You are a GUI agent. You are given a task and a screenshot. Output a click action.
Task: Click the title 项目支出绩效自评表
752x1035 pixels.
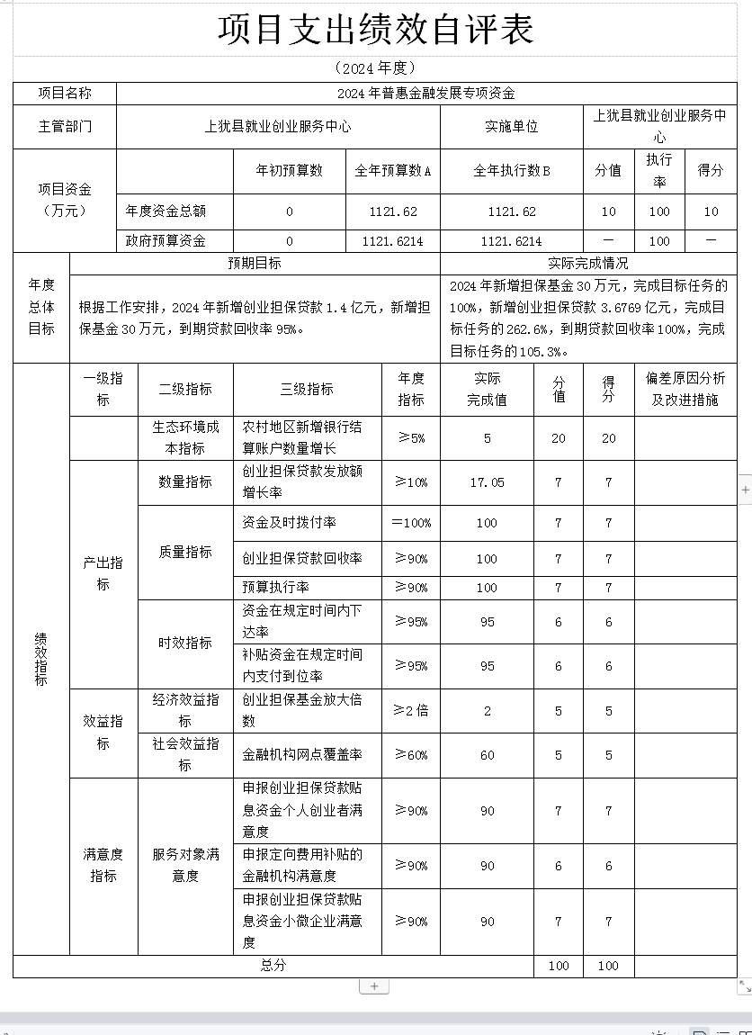pos(375,30)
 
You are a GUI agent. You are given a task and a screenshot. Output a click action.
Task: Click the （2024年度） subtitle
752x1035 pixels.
pos(375,68)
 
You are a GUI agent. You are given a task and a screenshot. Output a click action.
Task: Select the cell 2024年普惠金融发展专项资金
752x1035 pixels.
pos(425,93)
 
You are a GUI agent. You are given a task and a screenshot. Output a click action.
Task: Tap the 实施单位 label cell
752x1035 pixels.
pos(511,126)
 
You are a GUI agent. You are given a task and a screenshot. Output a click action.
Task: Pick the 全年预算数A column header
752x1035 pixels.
pos(393,170)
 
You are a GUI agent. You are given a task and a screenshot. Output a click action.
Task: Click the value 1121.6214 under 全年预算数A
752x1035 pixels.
pos(393,240)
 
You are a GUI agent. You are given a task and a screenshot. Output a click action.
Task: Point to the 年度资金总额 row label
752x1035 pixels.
pos(166,211)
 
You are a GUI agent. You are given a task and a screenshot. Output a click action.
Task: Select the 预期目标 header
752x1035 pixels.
pos(255,263)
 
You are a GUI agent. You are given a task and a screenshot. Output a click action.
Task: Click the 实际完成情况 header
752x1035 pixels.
pos(588,263)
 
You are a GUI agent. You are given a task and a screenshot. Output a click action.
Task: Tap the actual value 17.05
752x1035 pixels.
pos(487,482)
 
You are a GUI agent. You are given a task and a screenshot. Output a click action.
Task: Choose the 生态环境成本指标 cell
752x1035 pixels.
pos(185,437)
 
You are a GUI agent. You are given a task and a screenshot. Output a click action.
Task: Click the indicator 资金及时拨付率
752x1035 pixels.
pos(289,522)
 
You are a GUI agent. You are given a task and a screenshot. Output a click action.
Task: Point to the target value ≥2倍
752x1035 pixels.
pos(411,710)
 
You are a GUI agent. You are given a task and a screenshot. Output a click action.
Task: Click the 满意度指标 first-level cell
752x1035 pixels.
pos(103,865)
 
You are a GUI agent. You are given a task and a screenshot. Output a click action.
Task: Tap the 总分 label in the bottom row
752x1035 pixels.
pos(273,965)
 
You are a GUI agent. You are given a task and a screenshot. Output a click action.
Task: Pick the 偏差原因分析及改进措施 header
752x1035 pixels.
pos(685,389)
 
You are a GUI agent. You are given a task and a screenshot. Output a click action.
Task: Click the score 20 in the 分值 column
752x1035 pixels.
pos(559,438)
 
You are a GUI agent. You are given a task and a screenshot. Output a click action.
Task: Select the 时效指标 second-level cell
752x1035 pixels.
pos(185,643)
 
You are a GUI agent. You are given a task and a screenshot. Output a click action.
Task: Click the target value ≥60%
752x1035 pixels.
pos(411,754)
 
